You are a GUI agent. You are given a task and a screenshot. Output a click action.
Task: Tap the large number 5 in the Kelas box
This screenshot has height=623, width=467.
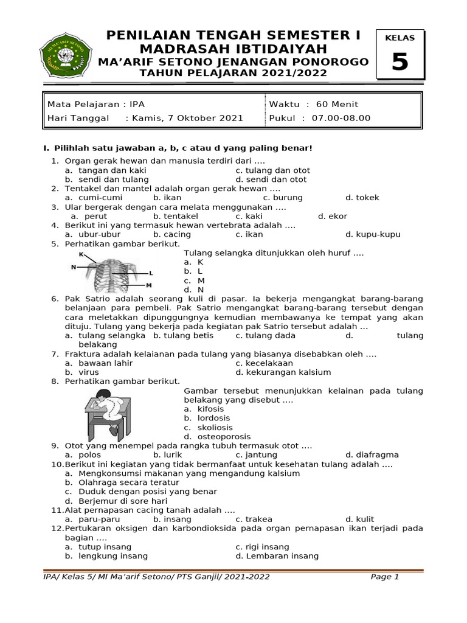click(x=400, y=62)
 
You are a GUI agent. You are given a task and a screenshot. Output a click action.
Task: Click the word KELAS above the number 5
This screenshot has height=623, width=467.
click(x=400, y=38)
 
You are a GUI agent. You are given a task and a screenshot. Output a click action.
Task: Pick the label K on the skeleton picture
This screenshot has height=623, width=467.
click(x=81, y=254)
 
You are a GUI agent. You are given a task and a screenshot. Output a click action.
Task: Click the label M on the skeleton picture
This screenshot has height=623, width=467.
click(x=148, y=285)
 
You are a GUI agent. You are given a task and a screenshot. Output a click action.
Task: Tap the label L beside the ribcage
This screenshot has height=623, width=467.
click(x=151, y=273)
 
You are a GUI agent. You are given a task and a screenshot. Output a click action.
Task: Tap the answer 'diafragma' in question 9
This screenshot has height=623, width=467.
click(x=378, y=454)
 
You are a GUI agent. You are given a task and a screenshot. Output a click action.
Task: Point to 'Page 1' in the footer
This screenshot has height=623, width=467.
click(x=384, y=577)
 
